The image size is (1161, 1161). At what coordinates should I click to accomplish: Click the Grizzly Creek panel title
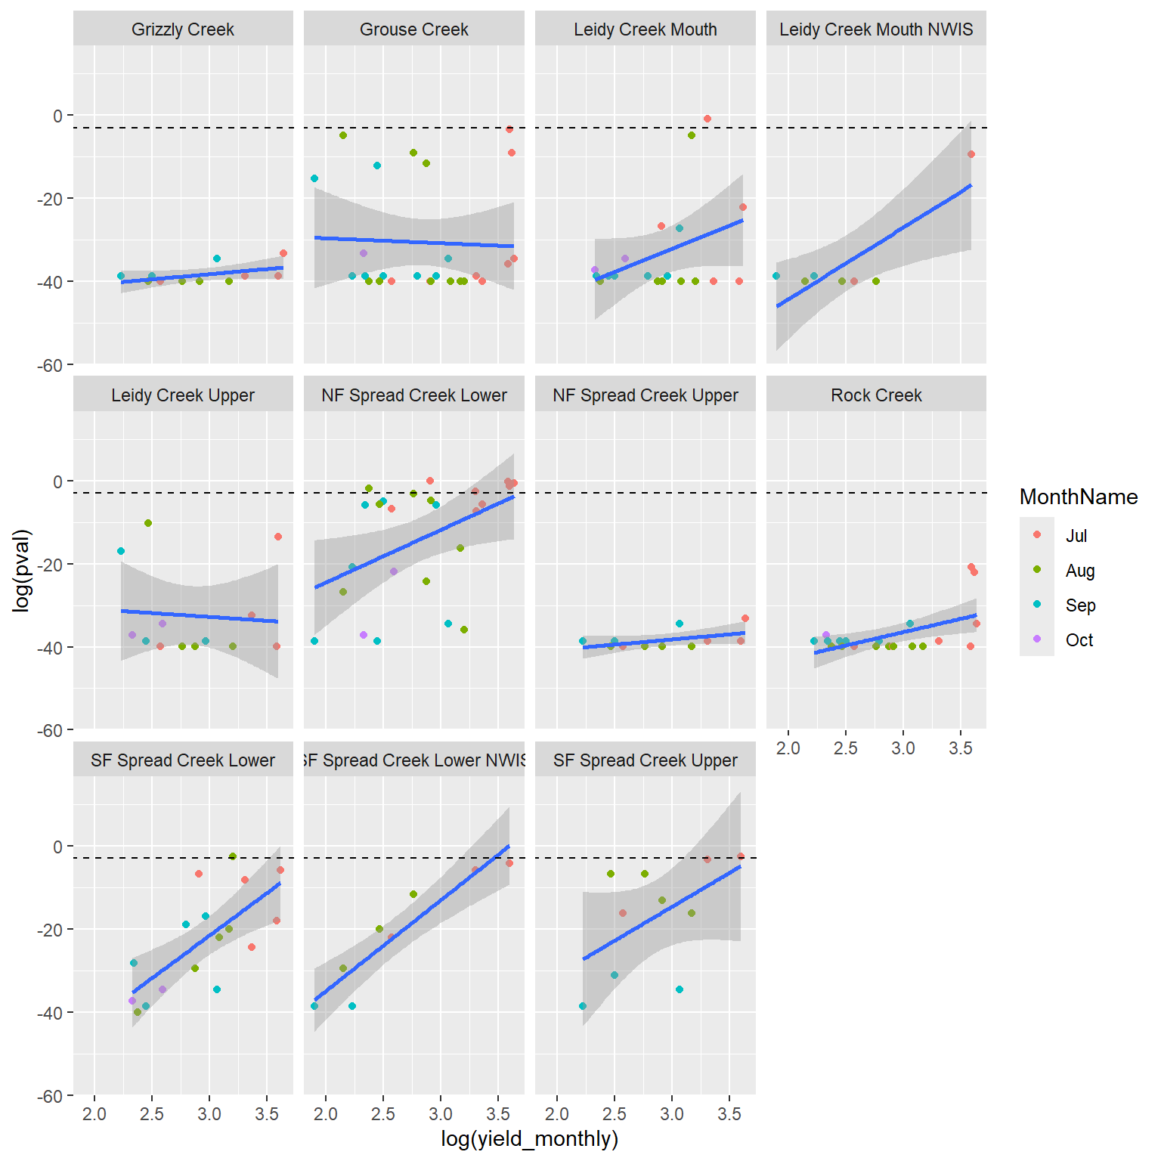(x=183, y=29)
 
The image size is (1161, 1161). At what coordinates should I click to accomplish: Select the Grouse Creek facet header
(x=413, y=29)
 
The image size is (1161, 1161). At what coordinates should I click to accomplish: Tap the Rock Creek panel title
(x=876, y=395)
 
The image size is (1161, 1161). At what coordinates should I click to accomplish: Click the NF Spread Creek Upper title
(x=645, y=395)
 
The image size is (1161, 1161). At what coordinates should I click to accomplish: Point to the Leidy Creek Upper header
(x=183, y=395)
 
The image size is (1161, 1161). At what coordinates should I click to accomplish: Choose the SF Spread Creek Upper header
(x=645, y=760)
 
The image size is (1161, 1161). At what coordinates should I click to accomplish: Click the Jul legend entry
(x=1076, y=536)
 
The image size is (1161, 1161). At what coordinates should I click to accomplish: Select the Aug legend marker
(x=1037, y=570)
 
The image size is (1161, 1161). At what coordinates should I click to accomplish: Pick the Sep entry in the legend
(x=1080, y=605)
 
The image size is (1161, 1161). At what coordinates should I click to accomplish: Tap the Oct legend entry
(x=1079, y=640)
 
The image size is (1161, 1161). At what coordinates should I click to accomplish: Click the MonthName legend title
(x=1078, y=497)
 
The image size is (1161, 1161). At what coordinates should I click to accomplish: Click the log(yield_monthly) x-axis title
(x=529, y=1138)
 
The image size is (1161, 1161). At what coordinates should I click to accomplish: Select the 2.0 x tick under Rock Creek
(x=788, y=748)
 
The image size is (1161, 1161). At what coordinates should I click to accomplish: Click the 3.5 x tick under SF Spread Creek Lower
(x=267, y=1113)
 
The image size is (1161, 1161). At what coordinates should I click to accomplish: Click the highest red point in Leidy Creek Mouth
(x=707, y=119)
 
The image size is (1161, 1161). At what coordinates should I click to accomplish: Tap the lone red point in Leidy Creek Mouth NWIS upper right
(x=971, y=154)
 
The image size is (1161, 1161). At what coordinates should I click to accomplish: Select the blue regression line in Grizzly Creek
(x=202, y=275)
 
